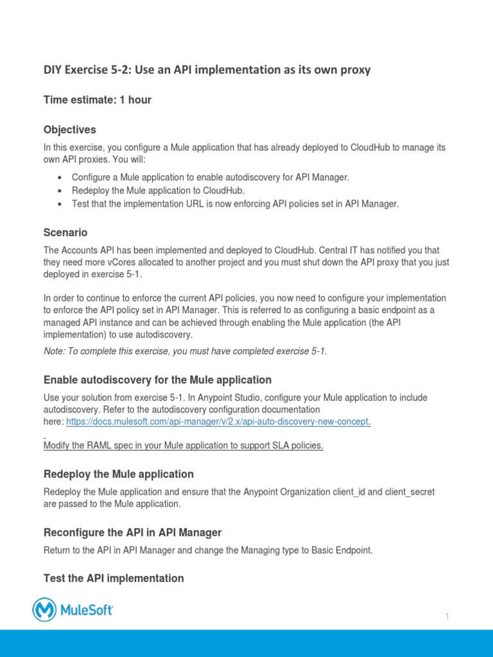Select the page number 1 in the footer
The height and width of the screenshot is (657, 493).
pyautogui.click(x=447, y=617)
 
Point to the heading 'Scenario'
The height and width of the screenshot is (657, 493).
pyautogui.click(x=65, y=232)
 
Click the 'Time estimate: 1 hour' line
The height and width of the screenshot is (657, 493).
pyautogui.click(x=98, y=99)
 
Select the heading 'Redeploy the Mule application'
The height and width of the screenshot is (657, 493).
pyautogui.click(x=118, y=474)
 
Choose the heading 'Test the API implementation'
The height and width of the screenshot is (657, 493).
pyautogui.click(x=114, y=578)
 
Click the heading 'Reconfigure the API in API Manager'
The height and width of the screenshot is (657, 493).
pyautogui.click(x=132, y=533)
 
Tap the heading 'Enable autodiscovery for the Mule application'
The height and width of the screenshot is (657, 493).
pyautogui.click(x=157, y=380)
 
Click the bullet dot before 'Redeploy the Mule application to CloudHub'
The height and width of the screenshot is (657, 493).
pyautogui.click(x=60, y=191)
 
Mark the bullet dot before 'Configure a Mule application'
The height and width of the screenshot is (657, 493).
pyautogui.click(x=60, y=178)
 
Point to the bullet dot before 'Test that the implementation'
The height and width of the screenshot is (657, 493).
pyautogui.click(x=60, y=205)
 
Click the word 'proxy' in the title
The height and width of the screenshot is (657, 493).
pyautogui.click(x=356, y=70)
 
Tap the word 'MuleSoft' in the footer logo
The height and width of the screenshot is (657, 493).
pyautogui.click(x=87, y=610)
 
